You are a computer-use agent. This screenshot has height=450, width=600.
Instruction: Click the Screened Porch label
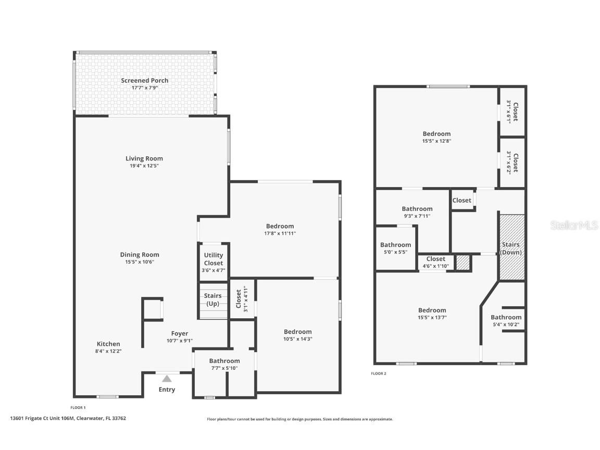pyautogui.click(x=144, y=81)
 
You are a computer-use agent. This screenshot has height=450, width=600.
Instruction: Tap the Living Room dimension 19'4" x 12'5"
pyautogui.click(x=144, y=166)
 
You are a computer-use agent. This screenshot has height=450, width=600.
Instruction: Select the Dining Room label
pyautogui.click(x=140, y=255)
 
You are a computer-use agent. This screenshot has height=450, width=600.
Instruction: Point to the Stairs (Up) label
pyautogui.click(x=213, y=299)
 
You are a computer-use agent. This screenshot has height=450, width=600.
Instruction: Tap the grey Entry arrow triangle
pyautogui.click(x=167, y=379)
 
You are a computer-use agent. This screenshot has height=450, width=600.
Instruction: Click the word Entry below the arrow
pyautogui.click(x=167, y=390)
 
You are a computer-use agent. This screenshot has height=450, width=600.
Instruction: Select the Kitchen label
pyautogui.click(x=108, y=344)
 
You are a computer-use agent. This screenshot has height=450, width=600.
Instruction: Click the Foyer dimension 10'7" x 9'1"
pyautogui.click(x=180, y=341)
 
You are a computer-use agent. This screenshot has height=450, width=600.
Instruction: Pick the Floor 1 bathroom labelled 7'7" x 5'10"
pyautogui.click(x=224, y=364)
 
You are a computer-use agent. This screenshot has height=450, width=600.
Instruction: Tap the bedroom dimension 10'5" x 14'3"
pyautogui.click(x=297, y=339)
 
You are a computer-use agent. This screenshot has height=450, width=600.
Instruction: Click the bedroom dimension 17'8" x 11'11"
pyautogui.click(x=280, y=233)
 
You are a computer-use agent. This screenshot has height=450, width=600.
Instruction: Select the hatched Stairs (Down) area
pyautogui.click(x=511, y=248)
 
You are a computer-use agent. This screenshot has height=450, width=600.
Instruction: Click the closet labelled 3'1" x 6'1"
pyautogui.click(x=512, y=112)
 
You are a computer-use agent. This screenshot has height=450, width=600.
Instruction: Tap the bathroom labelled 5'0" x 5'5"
pyautogui.click(x=395, y=248)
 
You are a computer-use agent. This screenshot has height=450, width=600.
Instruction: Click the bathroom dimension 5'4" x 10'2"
pyautogui.click(x=506, y=324)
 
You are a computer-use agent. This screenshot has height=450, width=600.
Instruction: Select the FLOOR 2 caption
pyautogui.click(x=379, y=373)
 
